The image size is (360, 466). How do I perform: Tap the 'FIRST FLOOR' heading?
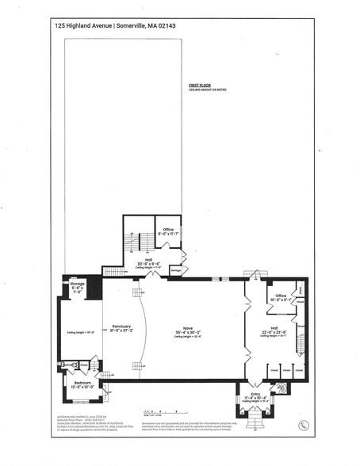click(198, 83)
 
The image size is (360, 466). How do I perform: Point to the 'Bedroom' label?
click(82, 383)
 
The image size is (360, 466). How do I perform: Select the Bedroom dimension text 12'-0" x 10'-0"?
click(82, 388)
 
